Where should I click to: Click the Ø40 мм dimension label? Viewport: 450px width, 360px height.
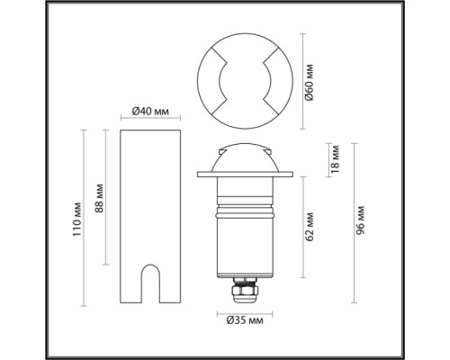point(150,112)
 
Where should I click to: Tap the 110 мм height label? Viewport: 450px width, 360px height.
point(76,220)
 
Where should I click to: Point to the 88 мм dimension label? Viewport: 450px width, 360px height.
point(99,198)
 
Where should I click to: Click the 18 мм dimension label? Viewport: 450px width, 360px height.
point(335,159)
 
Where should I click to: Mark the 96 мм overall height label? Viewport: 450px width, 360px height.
point(360,220)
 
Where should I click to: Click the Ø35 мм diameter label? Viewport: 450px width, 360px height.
point(245,320)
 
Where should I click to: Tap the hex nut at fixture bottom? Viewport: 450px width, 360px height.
point(245,291)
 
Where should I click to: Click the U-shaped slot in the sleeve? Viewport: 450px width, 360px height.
point(150,283)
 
